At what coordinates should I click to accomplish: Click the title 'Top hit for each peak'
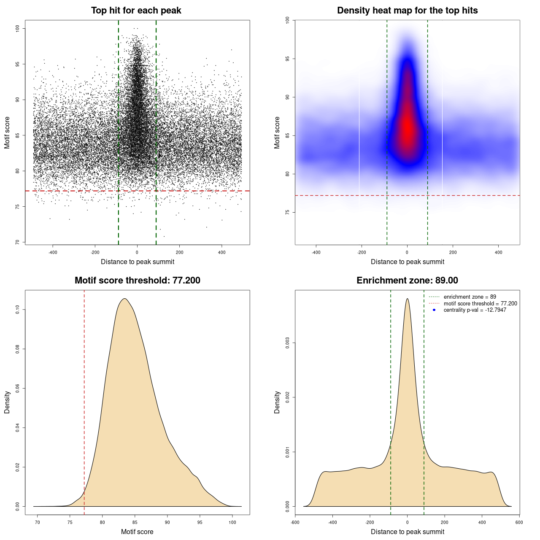point(136,11)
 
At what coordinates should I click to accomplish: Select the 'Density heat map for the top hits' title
point(407,11)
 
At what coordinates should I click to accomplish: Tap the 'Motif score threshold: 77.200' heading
point(137,281)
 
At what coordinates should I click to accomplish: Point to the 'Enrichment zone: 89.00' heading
point(407,281)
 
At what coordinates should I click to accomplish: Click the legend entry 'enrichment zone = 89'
point(470,297)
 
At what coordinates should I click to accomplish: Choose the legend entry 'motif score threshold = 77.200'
point(480,303)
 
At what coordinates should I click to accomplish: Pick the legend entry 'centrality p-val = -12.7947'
point(475,310)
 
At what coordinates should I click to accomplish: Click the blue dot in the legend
point(434,310)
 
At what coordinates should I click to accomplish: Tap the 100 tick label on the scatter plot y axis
point(17,28)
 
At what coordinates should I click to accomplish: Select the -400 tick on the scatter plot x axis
point(53,253)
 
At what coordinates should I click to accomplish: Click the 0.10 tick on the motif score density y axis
point(17,310)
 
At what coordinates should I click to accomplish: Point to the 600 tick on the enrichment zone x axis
point(519,522)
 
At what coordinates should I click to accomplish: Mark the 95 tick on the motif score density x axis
point(200,522)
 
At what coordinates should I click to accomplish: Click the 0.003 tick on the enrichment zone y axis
point(287,343)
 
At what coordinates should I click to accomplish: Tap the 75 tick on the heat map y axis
point(287,212)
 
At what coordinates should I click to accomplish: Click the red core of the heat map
point(407,129)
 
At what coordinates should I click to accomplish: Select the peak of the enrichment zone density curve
point(407,299)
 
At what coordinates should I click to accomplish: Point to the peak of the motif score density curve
point(124,299)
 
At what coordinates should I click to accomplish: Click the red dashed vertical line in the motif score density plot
point(84,401)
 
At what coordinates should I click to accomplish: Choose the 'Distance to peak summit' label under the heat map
point(407,262)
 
